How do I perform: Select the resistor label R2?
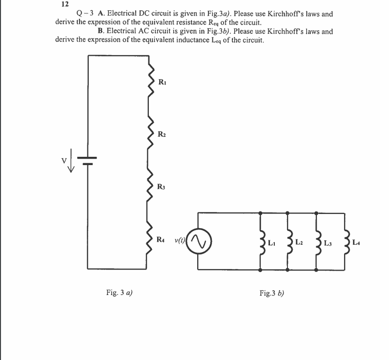[x=164, y=134]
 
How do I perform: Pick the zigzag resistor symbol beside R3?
[x=150, y=185]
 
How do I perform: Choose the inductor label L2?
[x=299, y=242]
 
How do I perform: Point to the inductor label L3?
[x=329, y=243]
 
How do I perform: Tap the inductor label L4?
[x=358, y=242]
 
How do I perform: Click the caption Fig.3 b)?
[x=272, y=294]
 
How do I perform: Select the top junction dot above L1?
[x=260, y=213]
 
